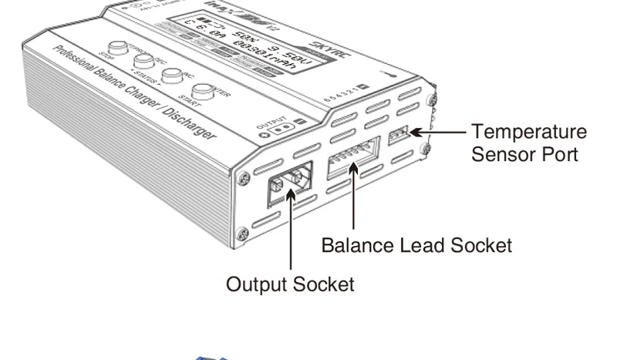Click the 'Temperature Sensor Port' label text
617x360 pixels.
[528, 143]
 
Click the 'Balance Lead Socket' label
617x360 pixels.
[416, 245]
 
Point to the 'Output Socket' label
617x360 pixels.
[290, 284]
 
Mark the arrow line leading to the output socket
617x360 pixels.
[290, 231]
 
